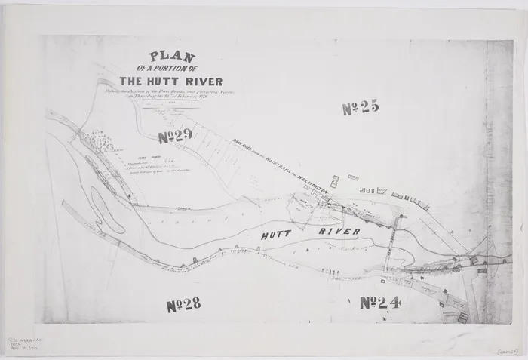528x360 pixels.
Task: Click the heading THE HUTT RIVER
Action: point(172,82)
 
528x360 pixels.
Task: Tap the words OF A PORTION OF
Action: point(172,67)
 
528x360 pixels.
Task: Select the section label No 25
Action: point(359,109)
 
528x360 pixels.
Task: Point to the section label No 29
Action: point(177,136)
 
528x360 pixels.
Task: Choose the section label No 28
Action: point(183,305)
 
